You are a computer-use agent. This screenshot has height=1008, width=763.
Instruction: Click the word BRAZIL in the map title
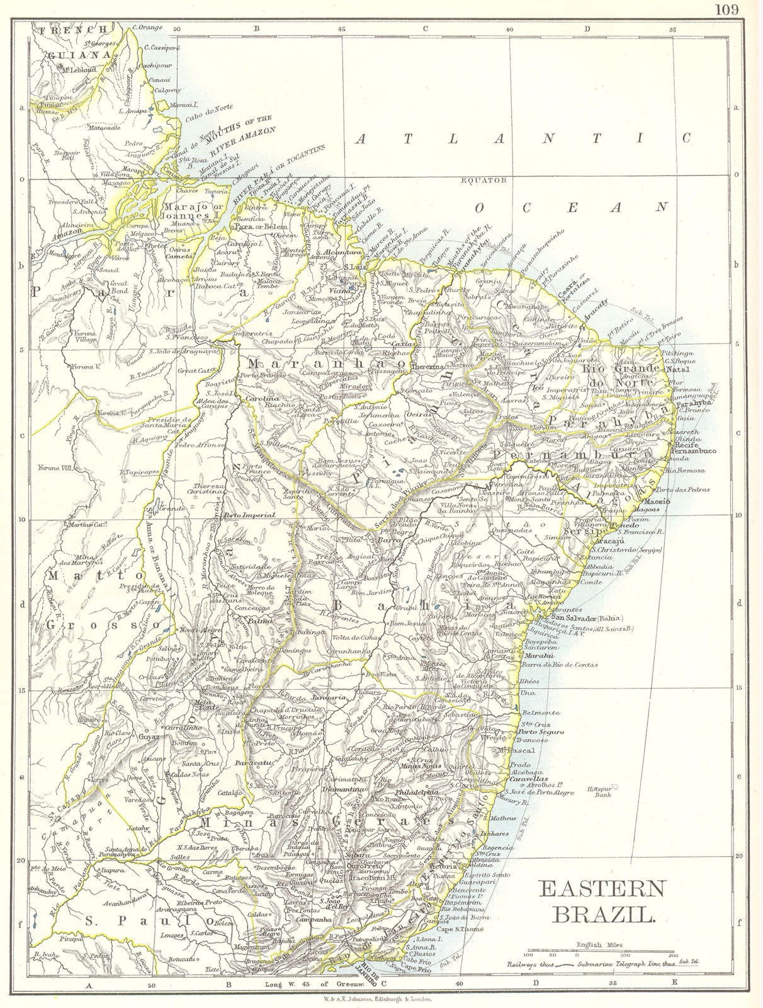[603, 913]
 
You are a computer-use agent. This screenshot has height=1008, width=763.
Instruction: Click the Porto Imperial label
[250, 515]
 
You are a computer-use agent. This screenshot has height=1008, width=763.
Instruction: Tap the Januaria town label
[332, 698]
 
